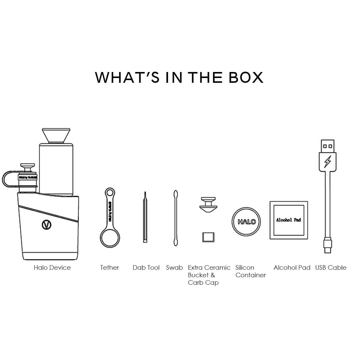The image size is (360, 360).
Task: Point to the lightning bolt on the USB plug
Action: pyautogui.click(x=328, y=162)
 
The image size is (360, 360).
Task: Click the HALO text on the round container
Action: pyautogui.click(x=247, y=222)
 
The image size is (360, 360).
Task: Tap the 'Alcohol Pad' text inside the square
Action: pyautogui.click(x=288, y=220)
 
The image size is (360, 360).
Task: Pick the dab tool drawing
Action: pyautogui.click(x=145, y=218)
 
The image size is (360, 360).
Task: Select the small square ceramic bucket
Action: pyautogui.click(x=208, y=237)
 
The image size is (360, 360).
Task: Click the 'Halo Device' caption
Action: pyautogui.click(x=52, y=268)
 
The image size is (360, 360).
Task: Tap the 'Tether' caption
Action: pyautogui.click(x=109, y=268)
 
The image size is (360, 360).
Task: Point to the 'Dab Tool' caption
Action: pyautogui.click(x=146, y=268)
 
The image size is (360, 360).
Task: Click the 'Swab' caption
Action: pyautogui.click(x=174, y=268)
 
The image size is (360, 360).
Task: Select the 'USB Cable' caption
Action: pyautogui.click(x=331, y=268)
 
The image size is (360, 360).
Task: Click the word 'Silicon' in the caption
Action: pyautogui.click(x=245, y=268)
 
